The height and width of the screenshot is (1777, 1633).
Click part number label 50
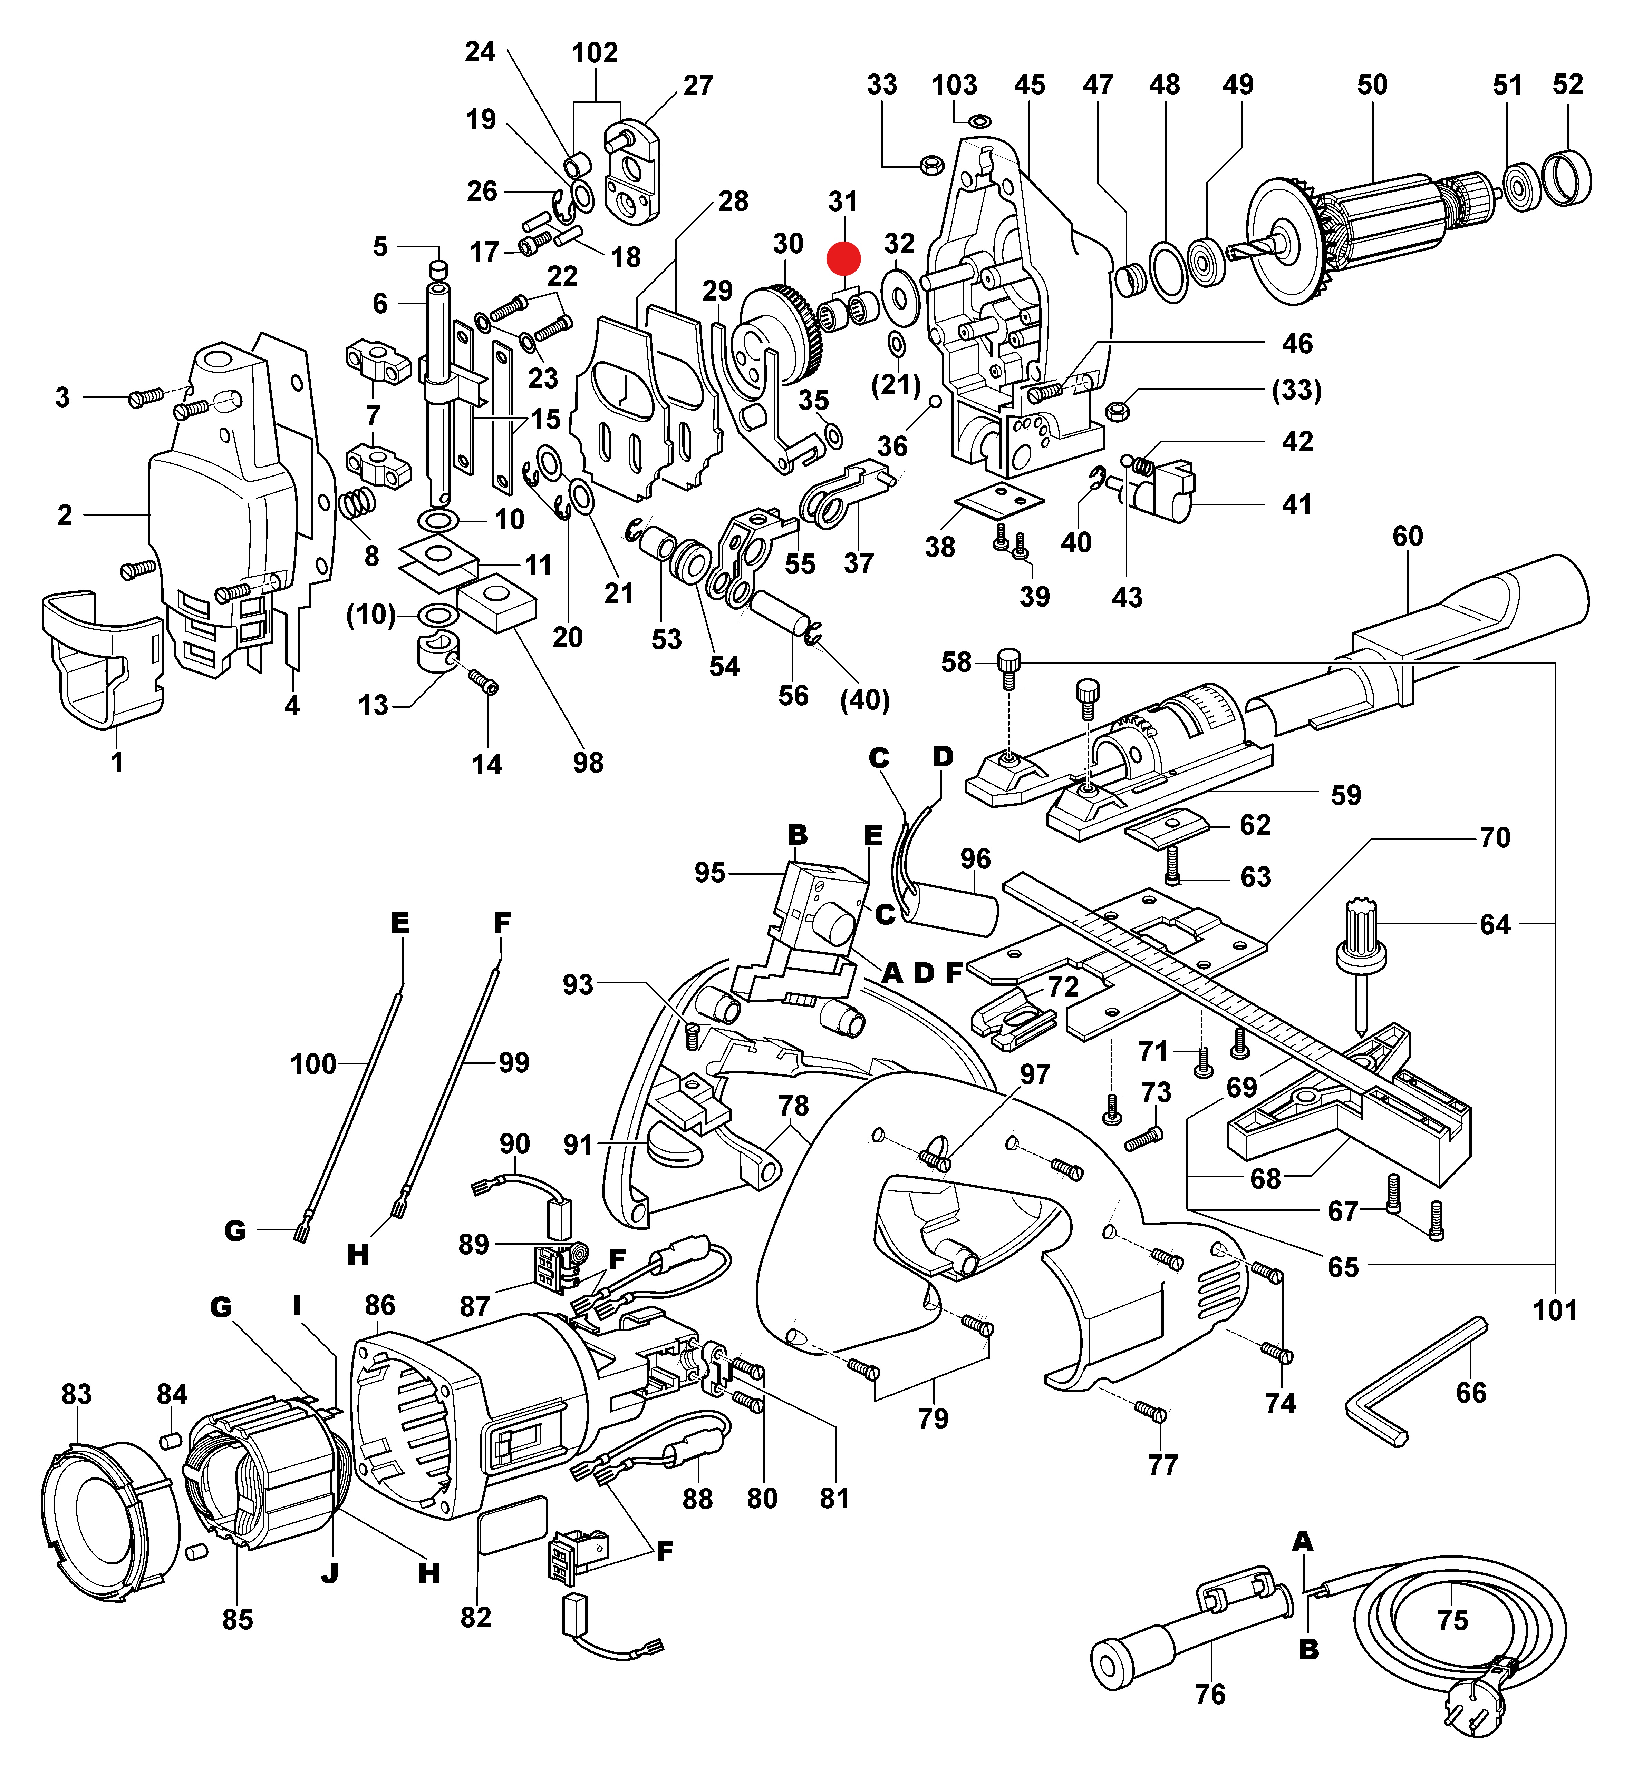1372,85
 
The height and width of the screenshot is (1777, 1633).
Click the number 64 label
1495,925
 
